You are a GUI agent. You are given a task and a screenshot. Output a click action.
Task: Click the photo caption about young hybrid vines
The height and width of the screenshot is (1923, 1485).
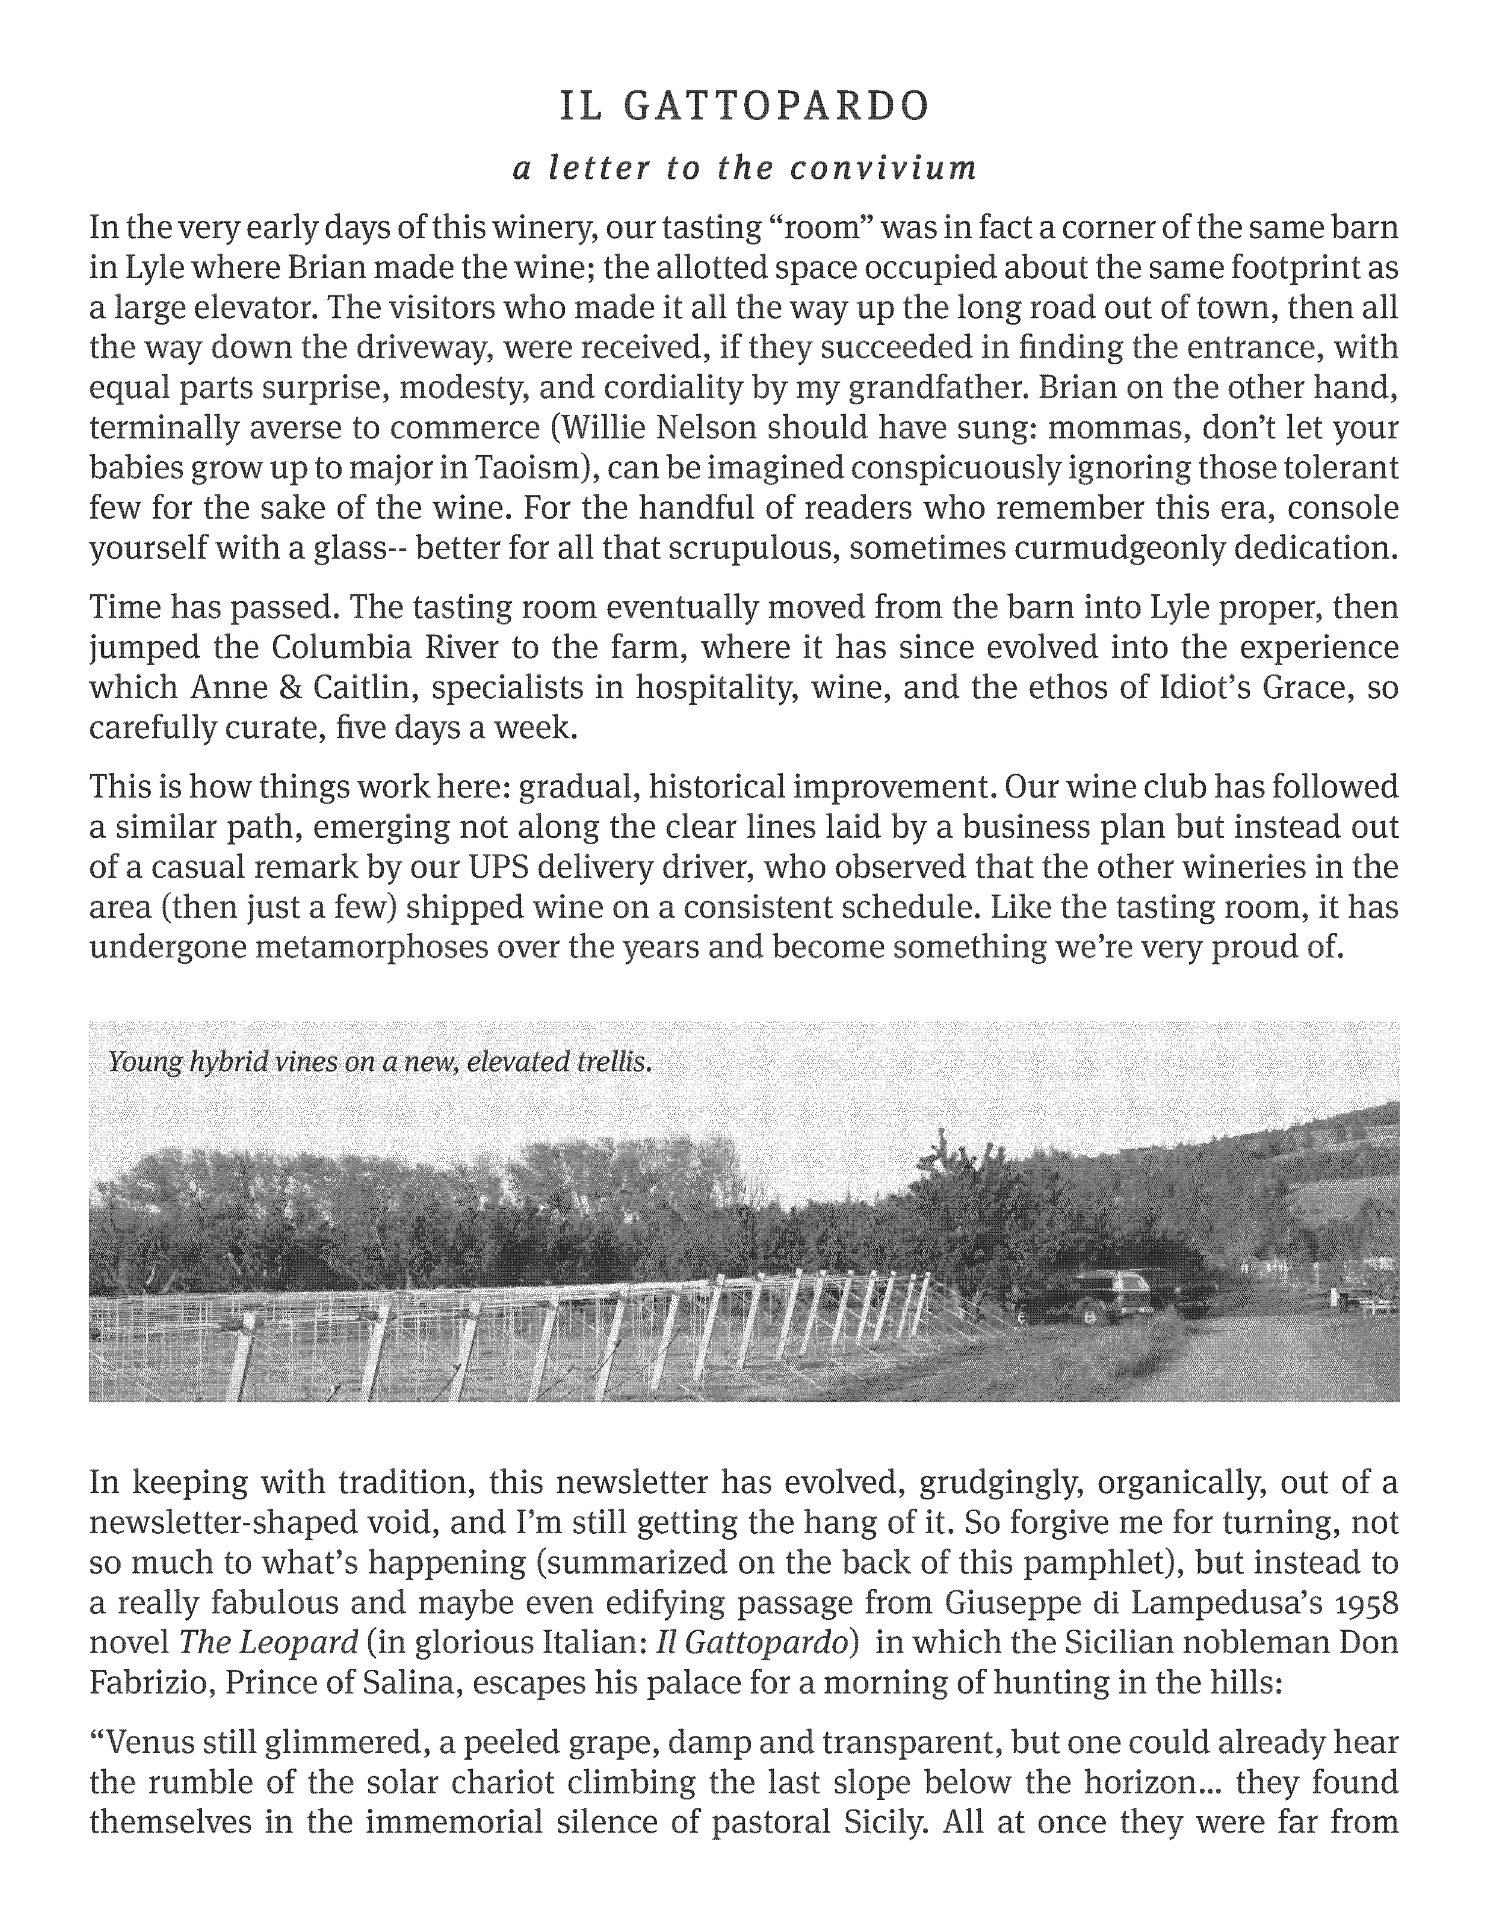click(380, 1062)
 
